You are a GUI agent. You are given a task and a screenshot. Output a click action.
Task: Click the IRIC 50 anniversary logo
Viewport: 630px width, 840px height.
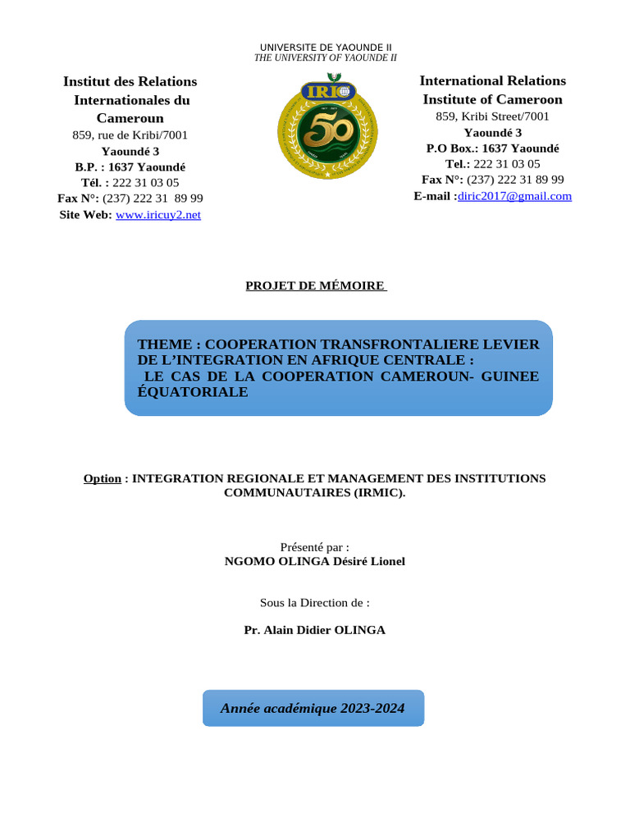point(326,130)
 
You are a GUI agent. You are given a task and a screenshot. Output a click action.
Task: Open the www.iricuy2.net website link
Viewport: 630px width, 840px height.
point(158,215)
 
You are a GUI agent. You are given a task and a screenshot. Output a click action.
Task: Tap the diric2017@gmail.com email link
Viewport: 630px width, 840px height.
point(514,196)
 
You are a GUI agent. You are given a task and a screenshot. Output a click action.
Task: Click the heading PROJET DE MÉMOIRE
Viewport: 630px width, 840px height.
point(316,285)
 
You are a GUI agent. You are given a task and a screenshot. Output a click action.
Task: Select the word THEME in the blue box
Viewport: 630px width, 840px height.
point(164,345)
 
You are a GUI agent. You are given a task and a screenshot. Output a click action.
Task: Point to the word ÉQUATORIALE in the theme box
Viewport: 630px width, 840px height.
point(192,392)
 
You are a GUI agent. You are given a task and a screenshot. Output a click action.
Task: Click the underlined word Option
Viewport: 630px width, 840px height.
point(102,478)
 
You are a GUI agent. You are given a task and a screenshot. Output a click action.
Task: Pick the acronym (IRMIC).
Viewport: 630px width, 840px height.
point(369,493)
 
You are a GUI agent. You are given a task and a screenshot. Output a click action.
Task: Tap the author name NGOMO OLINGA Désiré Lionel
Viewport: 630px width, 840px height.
point(315,561)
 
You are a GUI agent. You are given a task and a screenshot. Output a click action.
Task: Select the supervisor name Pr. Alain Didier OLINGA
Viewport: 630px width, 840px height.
point(315,630)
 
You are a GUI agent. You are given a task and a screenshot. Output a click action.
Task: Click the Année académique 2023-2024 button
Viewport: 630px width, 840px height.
point(313,708)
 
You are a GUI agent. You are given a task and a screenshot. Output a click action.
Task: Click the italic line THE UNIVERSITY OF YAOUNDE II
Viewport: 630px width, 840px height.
point(326,57)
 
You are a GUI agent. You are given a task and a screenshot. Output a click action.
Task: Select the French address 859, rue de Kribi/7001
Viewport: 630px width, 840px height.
point(130,135)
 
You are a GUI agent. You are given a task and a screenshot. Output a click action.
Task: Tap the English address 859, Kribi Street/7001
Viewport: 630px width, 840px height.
point(492,116)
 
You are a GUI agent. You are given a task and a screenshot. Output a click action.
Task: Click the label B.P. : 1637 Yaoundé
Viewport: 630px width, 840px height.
point(130,167)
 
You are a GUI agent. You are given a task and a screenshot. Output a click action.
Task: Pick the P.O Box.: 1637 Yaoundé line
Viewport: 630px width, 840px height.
point(492,148)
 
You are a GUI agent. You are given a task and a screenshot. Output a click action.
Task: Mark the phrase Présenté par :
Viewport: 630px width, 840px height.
point(315,546)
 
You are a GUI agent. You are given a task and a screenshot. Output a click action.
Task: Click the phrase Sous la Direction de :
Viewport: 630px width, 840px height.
point(315,602)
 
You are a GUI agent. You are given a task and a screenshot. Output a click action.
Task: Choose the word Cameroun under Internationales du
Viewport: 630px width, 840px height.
point(130,117)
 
